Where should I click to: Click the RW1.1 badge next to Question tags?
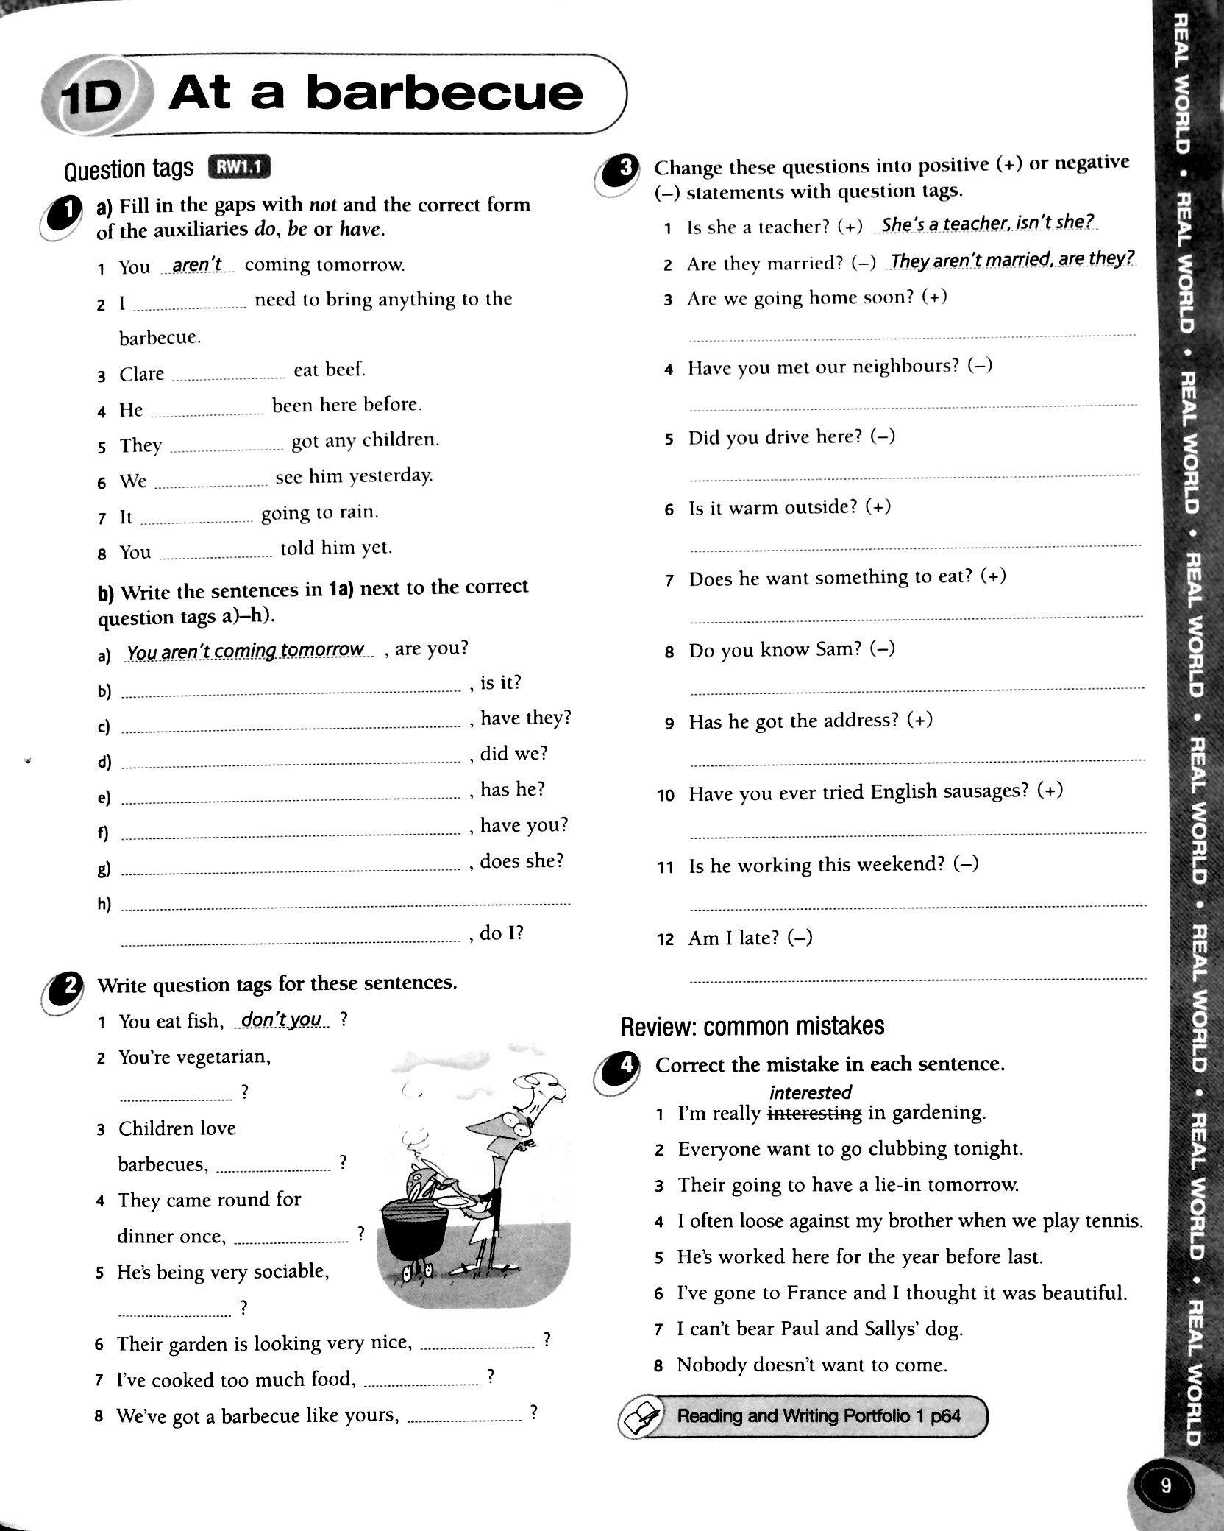click(240, 168)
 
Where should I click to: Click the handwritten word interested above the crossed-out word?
click(810, 1093)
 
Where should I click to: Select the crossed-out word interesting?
click(814, 1114)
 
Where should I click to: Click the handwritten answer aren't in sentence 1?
click(196, 264)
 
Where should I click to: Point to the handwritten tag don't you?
click(282, 1019)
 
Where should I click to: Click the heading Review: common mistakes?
click(752, 1026)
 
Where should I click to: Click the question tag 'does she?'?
click(522, 861)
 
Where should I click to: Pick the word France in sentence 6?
click(816, 1293)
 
